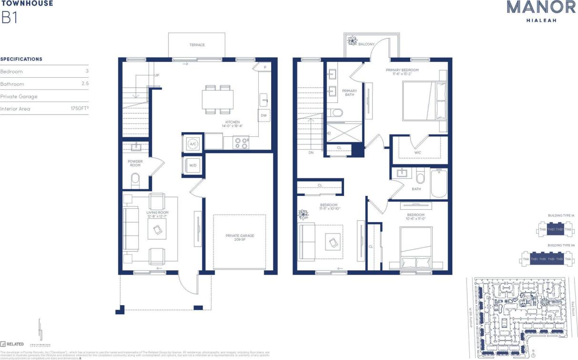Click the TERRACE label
(x=197, y=45)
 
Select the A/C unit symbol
(x=193, y=144)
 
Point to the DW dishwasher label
(x=263, y=115)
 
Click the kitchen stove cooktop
(x=241, y=142)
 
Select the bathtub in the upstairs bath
(x=439, y=184)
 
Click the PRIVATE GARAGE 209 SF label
(x=240, y=238)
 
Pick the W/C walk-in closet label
(x=417, y=153)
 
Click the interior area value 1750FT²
(x=80, y=109)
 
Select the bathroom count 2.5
(x=85, y=84)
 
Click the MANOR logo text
(x=534, y=7)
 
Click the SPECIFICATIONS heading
(x=21, y=59)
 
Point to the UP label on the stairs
(x=156, y=75)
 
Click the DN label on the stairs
(x=311, y=153)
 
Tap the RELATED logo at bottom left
(x=12, y=344)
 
